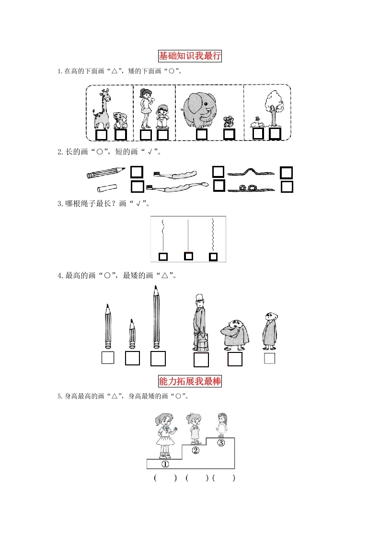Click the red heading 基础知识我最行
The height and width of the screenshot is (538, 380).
(190, 56)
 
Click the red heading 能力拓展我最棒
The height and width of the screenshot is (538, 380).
(190, 381)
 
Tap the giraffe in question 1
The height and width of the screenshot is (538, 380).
(102, 109)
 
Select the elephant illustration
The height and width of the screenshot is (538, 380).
(200, 109)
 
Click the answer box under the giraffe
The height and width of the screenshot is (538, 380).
(101, 135)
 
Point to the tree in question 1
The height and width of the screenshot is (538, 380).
(274, 108)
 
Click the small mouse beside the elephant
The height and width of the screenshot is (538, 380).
(228, 122)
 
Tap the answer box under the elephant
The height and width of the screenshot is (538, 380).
(202, 134)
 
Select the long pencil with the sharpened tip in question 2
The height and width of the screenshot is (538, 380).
(106, 173)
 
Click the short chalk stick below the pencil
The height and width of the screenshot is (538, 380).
(107, 188)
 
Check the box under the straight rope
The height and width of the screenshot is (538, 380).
(188, 256)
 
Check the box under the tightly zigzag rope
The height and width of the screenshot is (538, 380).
(213, 257)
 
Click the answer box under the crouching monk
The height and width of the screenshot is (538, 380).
(235, 359)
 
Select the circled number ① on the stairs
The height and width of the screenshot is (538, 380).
(165, 464)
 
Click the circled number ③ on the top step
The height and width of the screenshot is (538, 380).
(221, 443)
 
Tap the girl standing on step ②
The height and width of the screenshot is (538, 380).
(194, 429)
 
